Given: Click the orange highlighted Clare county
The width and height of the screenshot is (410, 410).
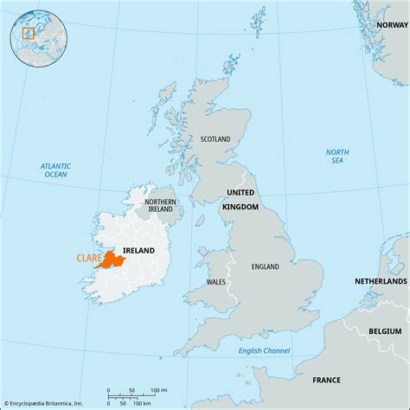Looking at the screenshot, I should [x=109, y=260].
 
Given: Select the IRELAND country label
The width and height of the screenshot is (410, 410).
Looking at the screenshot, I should [x=138, y=251].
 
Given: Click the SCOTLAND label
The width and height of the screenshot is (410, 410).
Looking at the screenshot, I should [x=215, y=138].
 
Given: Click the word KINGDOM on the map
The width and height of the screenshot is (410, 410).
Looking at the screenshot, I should [x=241, y=207].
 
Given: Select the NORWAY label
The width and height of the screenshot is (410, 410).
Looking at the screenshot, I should [x=390, y=25].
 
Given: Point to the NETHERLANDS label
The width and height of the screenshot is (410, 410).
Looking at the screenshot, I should [x=381, y=282].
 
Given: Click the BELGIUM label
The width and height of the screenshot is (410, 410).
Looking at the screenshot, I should [x=385, y=330].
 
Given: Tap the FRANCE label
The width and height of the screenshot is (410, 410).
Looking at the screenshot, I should [x=325, y=380].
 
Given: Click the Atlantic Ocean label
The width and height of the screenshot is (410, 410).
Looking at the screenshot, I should [x=54, y=170].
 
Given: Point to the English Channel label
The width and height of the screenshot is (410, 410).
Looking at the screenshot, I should [x=265, y=349].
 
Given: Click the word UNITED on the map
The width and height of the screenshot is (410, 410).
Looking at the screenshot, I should [x=241, y=192].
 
